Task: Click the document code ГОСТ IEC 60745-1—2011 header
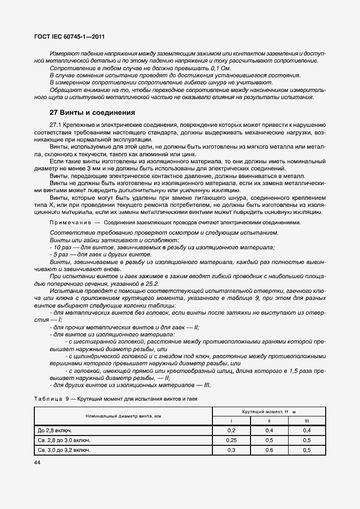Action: tap(70, 37)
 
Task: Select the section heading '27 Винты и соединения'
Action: tap(92, 113)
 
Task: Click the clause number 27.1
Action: tap(56, 125)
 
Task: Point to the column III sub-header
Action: tap(307, 420)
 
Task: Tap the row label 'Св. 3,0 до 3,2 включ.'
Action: tap(64, 450)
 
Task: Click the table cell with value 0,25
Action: tap(231, 440)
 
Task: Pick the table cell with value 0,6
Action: tap(269, 450)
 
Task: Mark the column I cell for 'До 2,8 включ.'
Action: tap(231, 430)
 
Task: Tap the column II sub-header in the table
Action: tap(269, 420)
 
